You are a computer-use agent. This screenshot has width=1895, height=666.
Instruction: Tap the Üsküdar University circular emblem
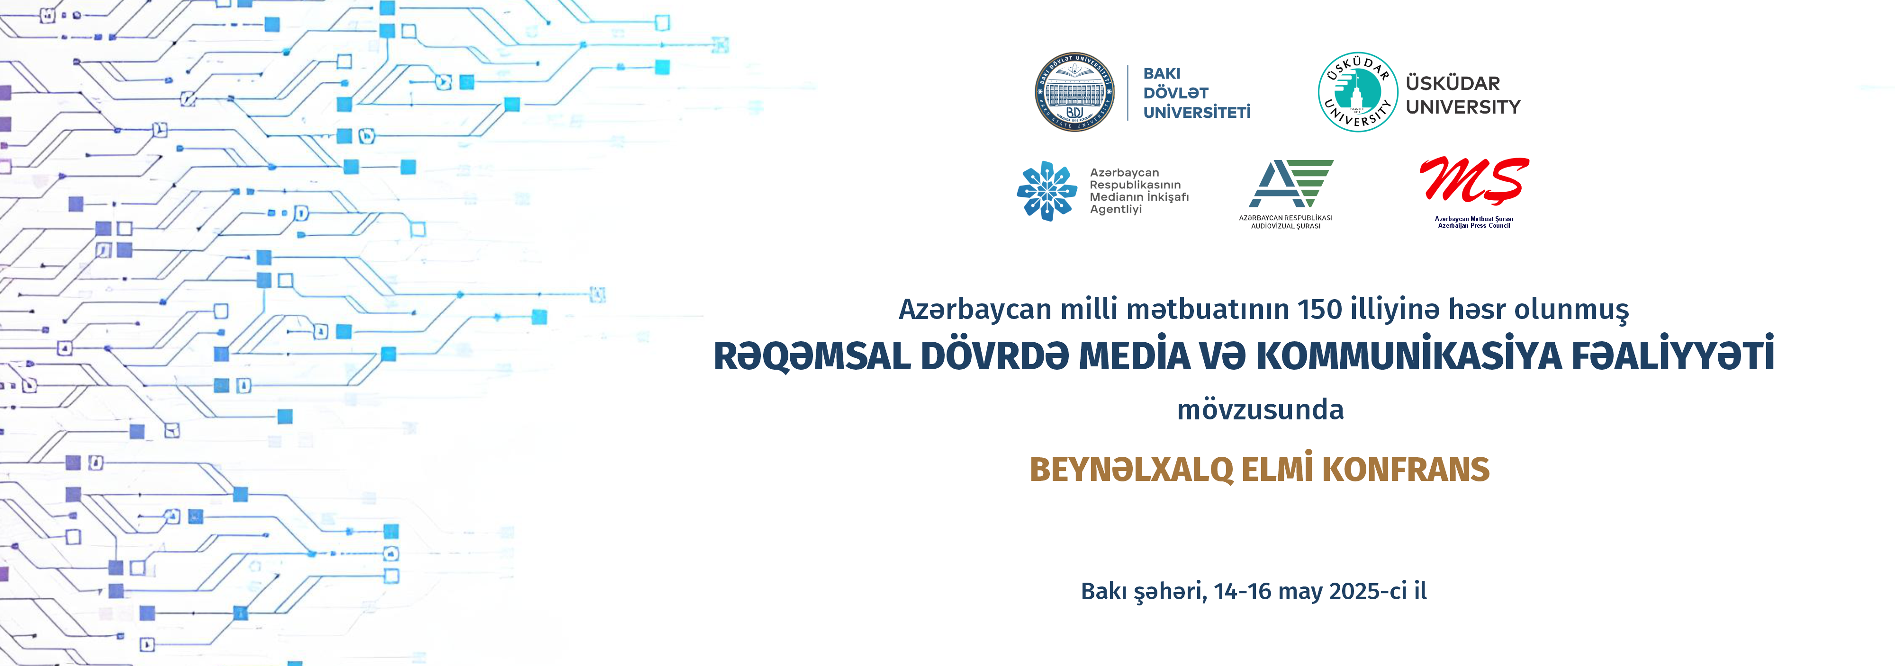(x=1357, y=92)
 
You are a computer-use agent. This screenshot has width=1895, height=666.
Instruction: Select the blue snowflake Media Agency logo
(x=1047, y=191)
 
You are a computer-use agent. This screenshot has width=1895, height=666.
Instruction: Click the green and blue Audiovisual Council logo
(x=1291, y=183)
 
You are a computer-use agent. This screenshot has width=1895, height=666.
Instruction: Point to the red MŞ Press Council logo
(x=1474, y=180)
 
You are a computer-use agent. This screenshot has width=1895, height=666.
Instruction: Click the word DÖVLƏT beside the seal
(x=1175, y=93)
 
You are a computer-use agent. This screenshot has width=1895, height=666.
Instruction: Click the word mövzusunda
(x=1260, y=409)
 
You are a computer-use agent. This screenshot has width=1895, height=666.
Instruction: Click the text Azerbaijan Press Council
(x=1474, y=226)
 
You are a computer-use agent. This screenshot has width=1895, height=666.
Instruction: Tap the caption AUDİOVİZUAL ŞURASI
(x=1286, y=226)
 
